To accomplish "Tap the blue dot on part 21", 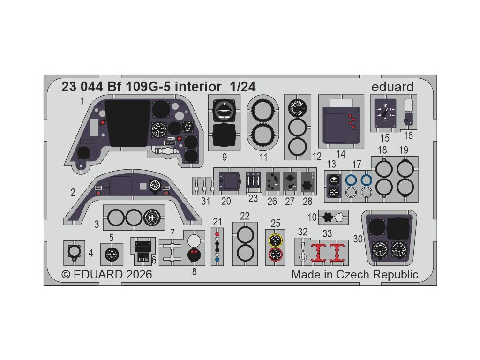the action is pos(217,259).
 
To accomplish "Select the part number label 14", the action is pos(341,154).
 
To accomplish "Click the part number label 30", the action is pos(358,239).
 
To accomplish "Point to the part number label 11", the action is pos(263,157).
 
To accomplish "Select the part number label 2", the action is pos(73,192).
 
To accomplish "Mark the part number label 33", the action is pos(327,233).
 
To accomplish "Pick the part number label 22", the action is pos(244,216).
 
